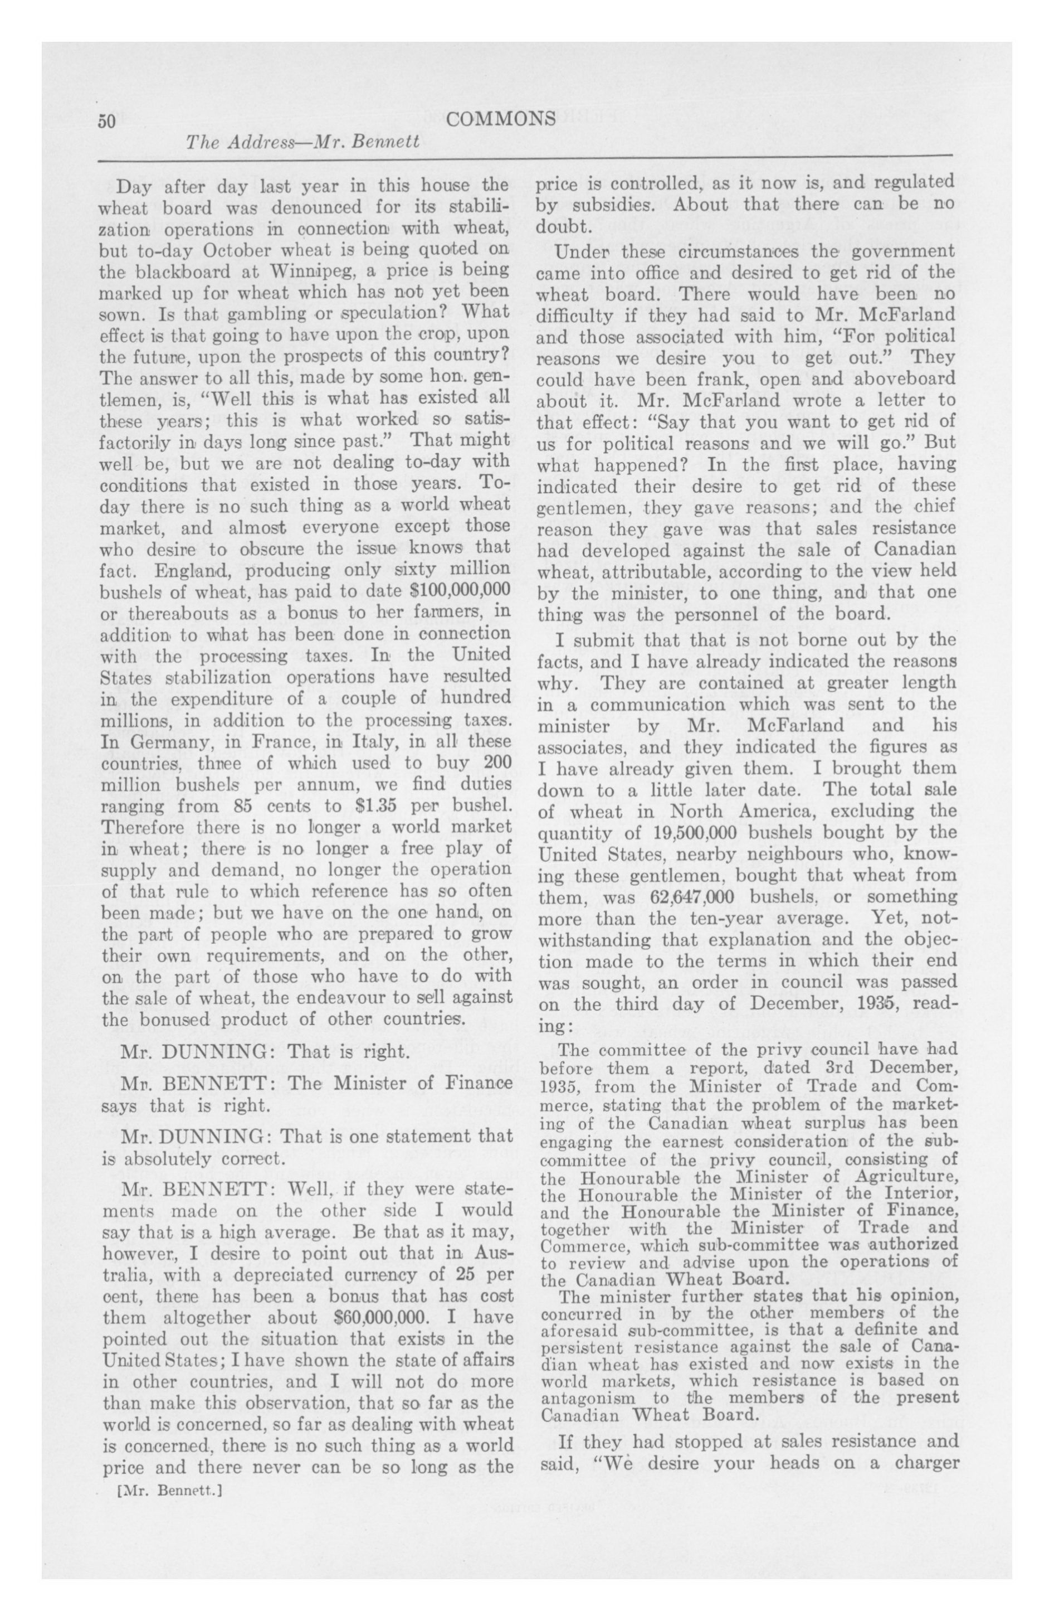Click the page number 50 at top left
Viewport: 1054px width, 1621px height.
108,120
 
